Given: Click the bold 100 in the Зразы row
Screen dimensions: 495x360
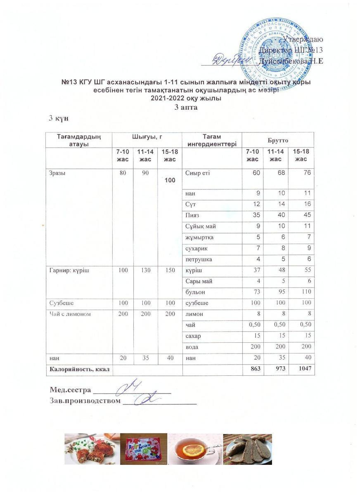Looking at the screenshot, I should tap(170, 180).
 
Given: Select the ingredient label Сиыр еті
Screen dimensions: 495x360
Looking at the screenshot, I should tap(198, 173).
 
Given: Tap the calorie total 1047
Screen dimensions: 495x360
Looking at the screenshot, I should tap(303, 369).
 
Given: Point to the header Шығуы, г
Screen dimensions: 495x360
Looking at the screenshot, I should tap(147, 137).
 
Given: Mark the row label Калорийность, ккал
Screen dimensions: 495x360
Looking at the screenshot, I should tap(80, 369).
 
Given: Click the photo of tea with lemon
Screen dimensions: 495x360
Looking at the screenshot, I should tap(195, 449).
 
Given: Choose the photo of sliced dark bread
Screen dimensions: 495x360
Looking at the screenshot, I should tap(247, 449).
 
